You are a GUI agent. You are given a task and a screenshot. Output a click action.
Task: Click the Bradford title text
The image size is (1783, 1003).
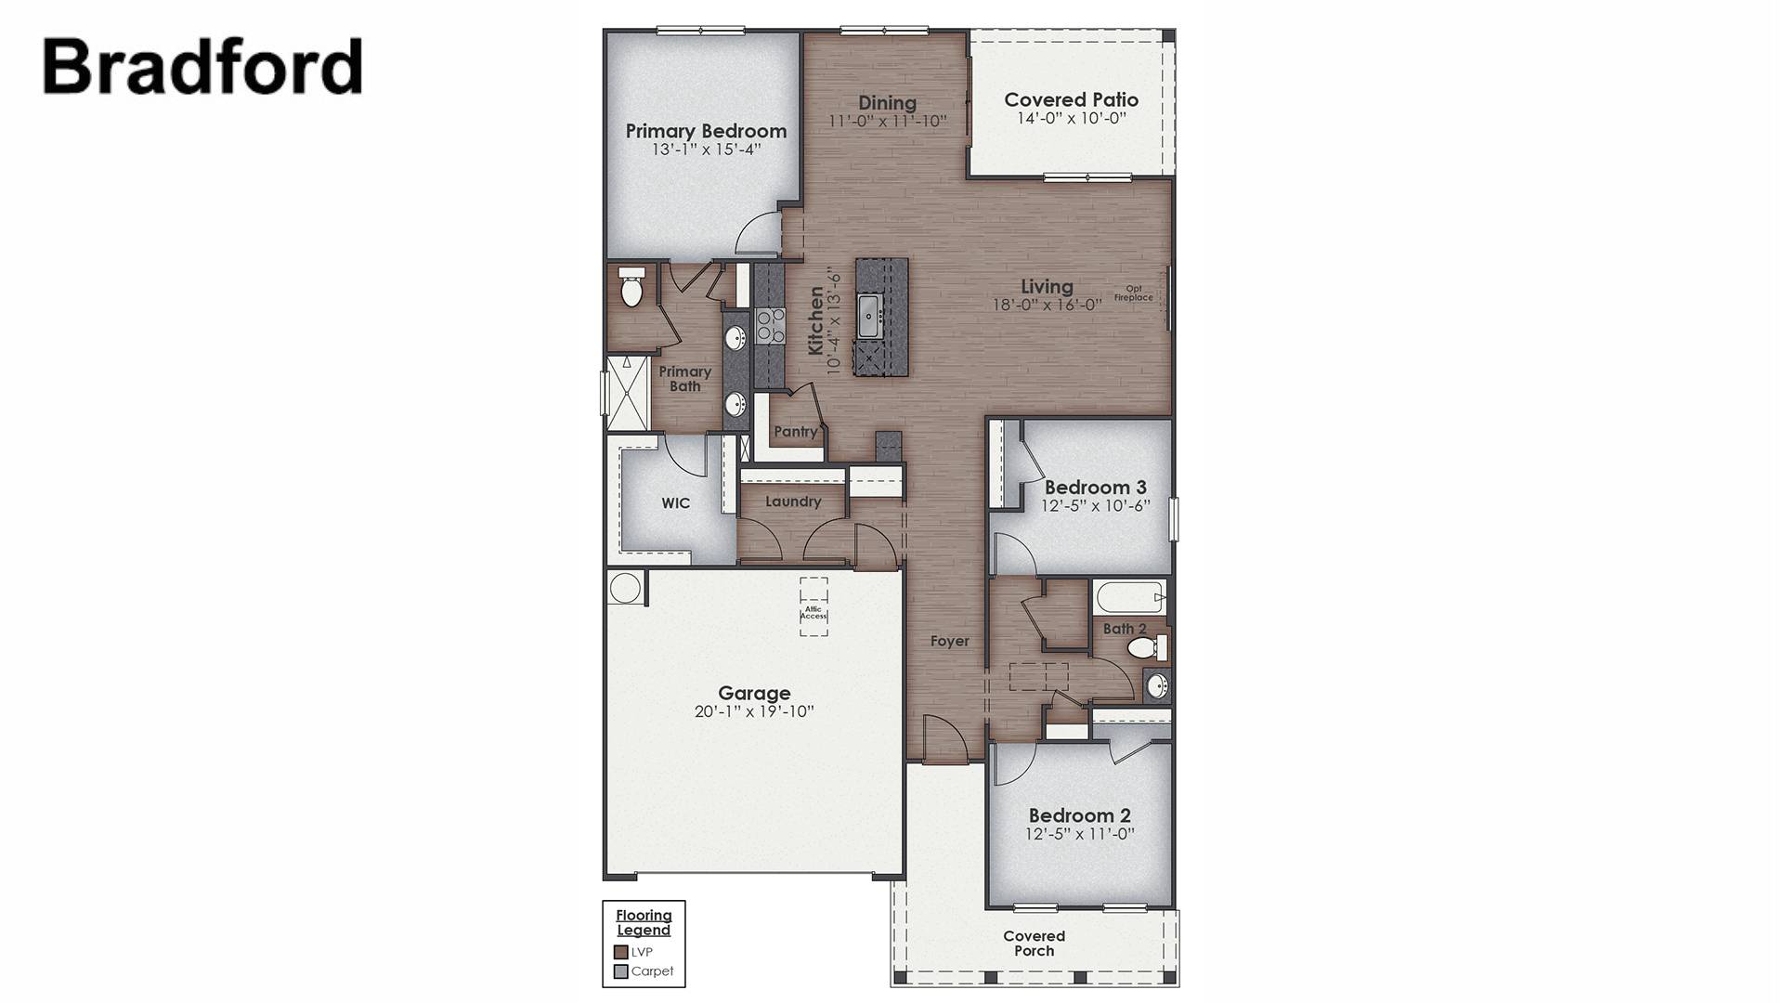[202, 67]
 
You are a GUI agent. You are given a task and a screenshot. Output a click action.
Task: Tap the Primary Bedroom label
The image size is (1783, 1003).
[706, 131]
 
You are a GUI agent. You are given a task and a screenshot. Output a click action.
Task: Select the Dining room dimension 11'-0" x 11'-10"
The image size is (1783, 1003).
[888, 121]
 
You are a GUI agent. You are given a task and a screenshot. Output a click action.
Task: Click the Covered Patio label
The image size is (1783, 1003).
[1071, 99]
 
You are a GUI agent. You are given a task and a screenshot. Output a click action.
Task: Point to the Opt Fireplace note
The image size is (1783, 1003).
[1134, 293]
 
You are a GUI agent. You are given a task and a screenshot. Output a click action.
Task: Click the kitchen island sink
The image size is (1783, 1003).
[870, 317]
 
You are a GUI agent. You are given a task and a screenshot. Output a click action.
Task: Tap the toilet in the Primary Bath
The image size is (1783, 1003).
[631, 289]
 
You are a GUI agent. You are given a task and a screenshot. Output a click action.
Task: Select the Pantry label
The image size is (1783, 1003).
[796, 432]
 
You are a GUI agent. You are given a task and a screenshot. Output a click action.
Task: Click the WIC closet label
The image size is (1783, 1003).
[675, 503]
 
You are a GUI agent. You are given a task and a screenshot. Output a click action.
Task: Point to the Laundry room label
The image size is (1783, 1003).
[793, 501]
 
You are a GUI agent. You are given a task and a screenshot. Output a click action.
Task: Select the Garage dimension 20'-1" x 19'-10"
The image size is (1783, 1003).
[754, 712]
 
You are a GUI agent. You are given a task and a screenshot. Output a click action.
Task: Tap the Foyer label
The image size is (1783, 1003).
[949, 641]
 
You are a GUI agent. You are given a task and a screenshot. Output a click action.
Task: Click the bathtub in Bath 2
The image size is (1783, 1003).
[1129, 596]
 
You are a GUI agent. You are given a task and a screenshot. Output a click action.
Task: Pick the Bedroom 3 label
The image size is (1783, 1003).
[1095, 487]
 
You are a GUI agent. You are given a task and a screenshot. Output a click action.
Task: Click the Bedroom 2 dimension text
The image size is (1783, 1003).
[1079, 834]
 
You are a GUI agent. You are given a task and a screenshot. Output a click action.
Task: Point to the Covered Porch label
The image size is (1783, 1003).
[1034, 943]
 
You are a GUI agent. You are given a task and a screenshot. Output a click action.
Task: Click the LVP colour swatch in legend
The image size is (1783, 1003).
[621, 952]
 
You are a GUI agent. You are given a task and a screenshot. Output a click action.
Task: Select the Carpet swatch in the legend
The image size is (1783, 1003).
[621, 971]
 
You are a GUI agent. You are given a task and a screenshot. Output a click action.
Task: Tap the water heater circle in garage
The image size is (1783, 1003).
[625, 588]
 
